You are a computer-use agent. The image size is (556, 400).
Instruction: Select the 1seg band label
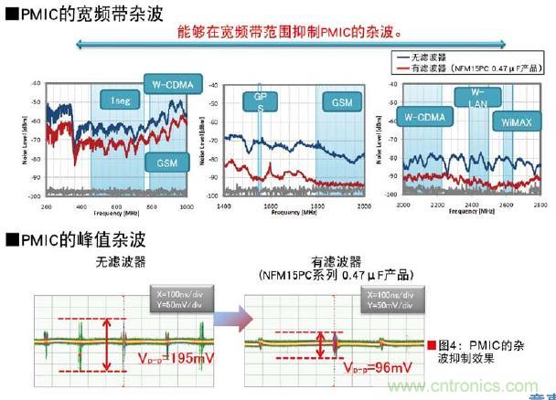point(121,100)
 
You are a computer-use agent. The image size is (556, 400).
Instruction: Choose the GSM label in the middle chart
point(342,103)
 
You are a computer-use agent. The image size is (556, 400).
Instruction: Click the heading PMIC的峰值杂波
point(64,240)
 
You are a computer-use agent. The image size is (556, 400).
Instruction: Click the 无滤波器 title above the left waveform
point(119,261)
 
